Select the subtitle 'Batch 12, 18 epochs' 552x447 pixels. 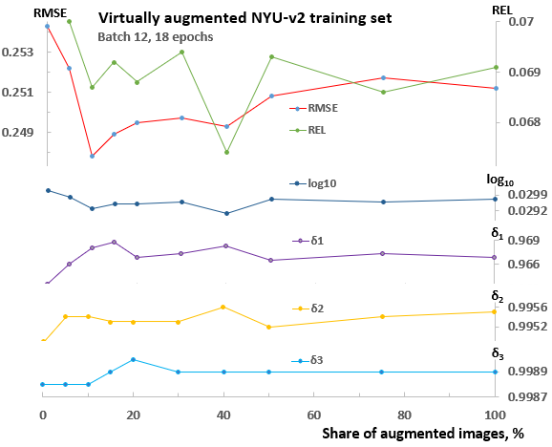pos(156,36)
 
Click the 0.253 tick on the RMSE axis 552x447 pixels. pos(19,52)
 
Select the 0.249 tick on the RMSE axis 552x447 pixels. pos(19,132)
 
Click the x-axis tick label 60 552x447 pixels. pos(314,415)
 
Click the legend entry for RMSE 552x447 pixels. pos(323,109)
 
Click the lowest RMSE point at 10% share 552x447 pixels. pos(93,156)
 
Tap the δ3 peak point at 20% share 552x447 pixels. pos(133,359)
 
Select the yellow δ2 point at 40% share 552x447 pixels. pos(223,307)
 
